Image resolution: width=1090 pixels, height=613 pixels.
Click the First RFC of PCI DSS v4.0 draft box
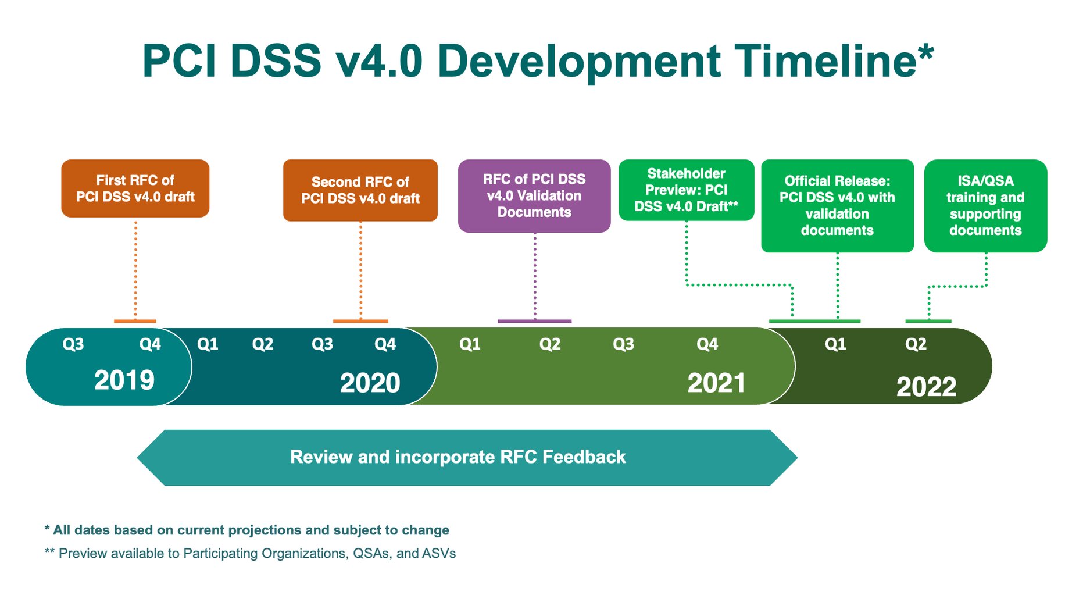135,188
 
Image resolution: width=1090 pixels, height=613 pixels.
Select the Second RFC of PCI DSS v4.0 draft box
360,190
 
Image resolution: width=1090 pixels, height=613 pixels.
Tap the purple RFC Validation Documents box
534,196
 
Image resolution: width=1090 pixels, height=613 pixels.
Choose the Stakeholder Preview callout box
686,190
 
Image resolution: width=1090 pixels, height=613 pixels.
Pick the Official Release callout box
837,205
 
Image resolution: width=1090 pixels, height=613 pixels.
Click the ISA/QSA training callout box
985,205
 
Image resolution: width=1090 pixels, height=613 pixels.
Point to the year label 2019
124,380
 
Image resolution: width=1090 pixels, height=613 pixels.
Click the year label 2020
370,383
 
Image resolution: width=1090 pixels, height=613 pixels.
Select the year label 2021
716,383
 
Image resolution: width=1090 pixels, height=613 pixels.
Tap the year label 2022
925,387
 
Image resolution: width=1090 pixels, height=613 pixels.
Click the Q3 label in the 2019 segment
73,344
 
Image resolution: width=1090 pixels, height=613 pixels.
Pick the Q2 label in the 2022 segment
916,344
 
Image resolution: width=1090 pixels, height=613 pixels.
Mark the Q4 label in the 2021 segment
707,344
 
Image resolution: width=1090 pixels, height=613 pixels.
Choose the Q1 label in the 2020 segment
208,344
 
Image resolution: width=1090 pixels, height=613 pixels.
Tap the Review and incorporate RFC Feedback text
458,457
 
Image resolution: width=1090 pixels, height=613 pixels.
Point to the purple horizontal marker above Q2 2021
534,321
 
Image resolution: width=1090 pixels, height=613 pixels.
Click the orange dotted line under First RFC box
135,268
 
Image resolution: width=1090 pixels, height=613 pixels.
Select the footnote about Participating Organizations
250,553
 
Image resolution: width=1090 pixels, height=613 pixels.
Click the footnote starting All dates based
246,530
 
